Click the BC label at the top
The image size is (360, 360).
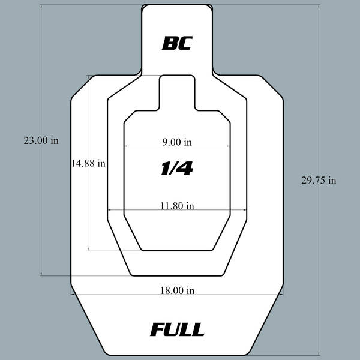pos(177,43)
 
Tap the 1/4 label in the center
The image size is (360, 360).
pos(177,168)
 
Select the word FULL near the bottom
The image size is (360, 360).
pos(177,329)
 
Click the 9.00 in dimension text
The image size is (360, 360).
pos(177,142)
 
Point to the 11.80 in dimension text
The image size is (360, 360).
pos(177,206)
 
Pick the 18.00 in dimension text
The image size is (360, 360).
pos(177,290)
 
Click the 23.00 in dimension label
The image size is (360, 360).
pos(41,140)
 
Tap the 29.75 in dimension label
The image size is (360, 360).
pos(319,180)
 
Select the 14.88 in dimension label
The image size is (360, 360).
pos(88,163)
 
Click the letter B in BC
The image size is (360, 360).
pos(169,43)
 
